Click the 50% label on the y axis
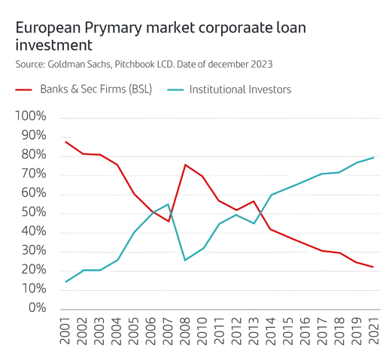34,213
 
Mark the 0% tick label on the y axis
37,308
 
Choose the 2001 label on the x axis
67,331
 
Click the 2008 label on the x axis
185,331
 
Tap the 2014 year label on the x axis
272,331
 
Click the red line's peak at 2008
185,165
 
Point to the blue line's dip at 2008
185,260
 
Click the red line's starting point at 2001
66,141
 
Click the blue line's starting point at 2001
66,282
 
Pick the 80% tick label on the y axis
34,156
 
